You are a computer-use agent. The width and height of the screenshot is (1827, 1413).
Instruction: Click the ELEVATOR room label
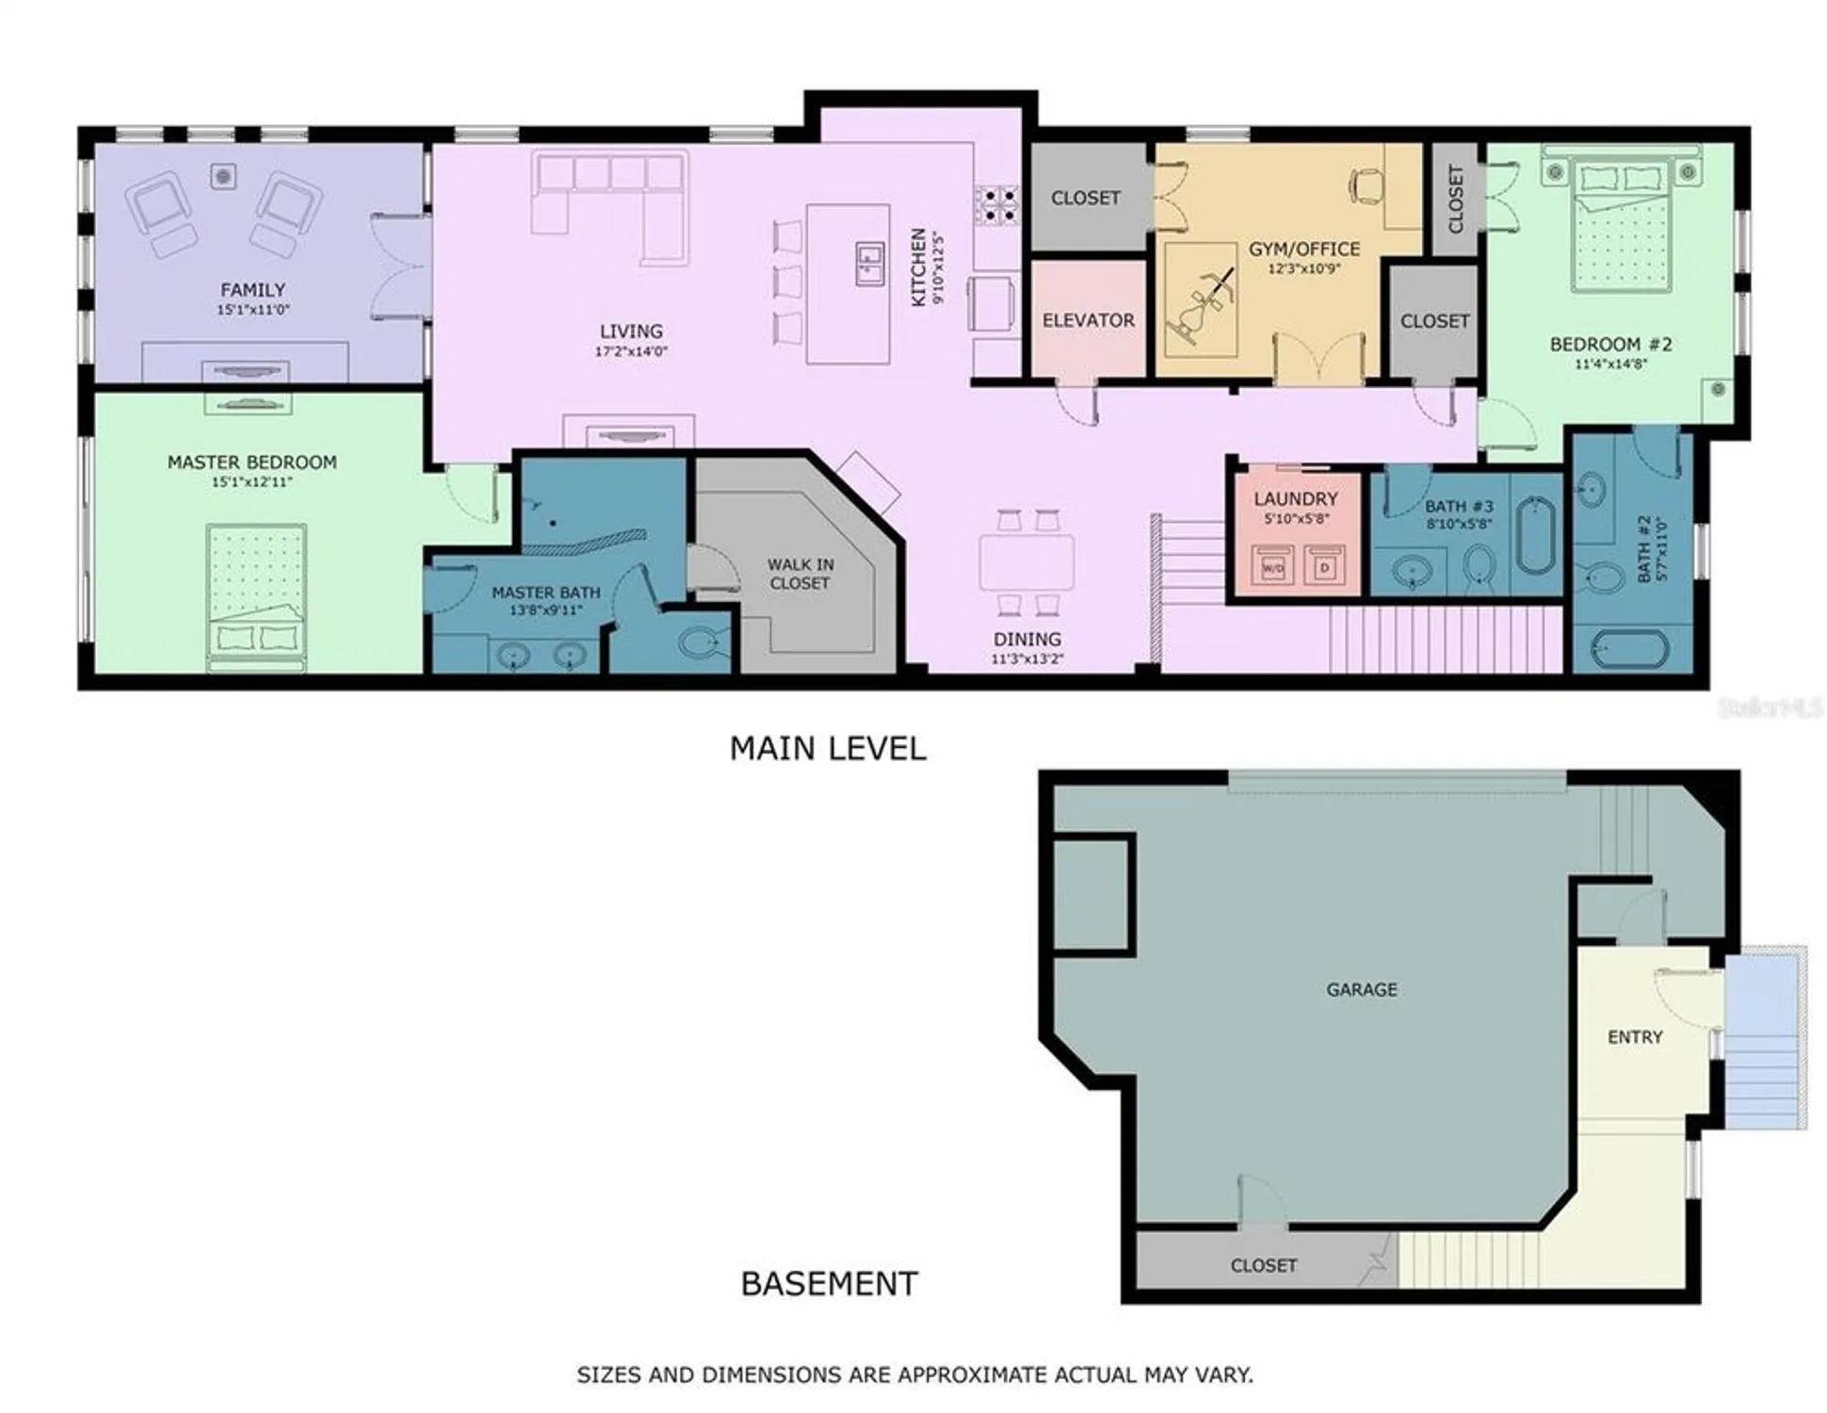[1088, 320]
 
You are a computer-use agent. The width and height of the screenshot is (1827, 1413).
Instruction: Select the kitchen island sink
[868, 262]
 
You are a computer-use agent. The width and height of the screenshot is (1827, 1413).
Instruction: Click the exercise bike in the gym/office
[1201, 301]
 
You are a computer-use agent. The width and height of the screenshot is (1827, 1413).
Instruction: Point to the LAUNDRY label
[1295, 498]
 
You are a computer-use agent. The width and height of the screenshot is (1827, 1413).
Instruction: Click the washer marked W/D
[1271, 568]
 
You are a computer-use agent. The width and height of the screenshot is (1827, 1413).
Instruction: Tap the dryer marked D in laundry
[1325, 568]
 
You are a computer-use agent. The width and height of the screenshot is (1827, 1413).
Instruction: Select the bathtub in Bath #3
[1535, 537]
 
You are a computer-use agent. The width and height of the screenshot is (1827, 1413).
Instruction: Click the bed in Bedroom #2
[1620, 226]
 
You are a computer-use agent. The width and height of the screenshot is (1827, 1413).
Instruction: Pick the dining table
[1027, 562]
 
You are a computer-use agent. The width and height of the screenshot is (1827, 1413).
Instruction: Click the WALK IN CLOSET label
[800, 574]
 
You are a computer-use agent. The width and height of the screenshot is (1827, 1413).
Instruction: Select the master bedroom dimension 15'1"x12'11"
[251, 482]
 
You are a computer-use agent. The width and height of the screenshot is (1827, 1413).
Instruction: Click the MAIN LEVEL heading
[827, 749]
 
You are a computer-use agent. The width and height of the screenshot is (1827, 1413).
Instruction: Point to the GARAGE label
[1361, 989]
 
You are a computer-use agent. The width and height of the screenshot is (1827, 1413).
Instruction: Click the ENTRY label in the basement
[1634, 1037]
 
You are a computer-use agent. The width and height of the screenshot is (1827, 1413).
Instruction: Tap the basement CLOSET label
[1263, 1266]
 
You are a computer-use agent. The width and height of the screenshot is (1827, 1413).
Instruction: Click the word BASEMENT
[829, 1284]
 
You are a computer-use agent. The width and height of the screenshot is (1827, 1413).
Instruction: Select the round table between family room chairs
[223, 176]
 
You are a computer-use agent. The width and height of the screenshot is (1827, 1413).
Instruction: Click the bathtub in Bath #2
[1629, 650]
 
